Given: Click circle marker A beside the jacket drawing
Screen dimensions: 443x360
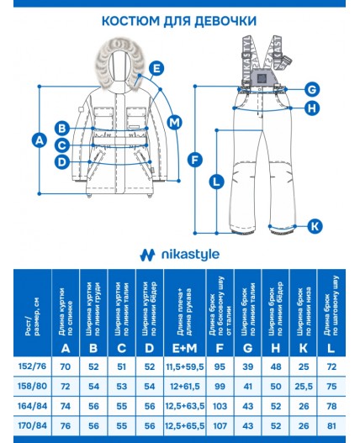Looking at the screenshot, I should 36,140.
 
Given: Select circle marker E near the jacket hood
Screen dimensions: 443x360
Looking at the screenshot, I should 156,69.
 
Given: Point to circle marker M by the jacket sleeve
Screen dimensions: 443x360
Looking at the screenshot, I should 174,123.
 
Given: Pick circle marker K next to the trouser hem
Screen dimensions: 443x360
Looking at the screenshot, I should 314,225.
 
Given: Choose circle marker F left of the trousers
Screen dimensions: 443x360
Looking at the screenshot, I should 194,159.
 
